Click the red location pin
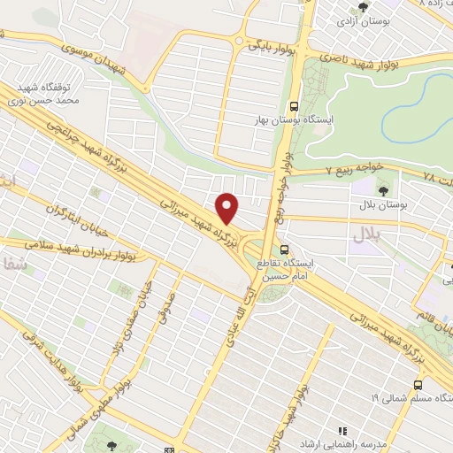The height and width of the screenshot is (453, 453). [228, 208]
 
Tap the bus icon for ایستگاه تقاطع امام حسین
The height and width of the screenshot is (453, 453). [283, 251]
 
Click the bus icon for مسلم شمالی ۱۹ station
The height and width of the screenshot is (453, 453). [418, 384]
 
